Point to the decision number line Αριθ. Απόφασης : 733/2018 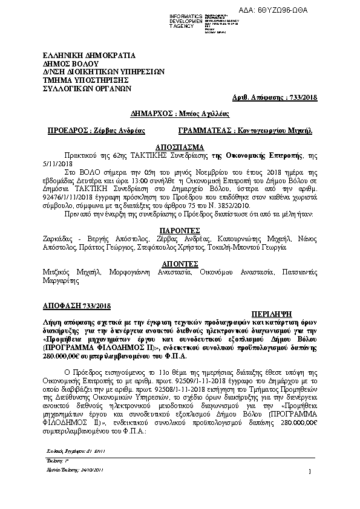coord(279,97)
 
